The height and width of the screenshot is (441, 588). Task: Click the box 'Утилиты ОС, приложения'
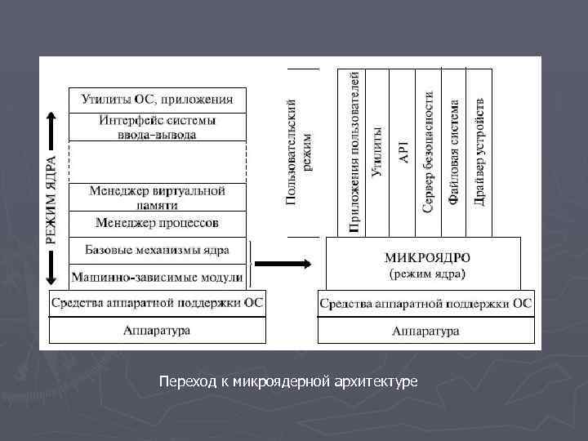[x=157, y=100]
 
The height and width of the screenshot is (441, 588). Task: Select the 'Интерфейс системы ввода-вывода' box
[x=157, y=127]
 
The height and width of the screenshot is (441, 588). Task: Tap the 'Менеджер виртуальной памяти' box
[x=157, y=197]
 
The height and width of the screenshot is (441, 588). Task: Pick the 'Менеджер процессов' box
[x=157, y=222]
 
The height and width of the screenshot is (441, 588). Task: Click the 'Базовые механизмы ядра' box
[x=157, y=250]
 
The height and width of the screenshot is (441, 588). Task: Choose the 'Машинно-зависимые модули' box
[x=157, y=277]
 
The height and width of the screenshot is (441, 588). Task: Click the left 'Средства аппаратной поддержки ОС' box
[x=158, y=303]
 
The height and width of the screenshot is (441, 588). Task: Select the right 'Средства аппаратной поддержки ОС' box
[x=425, y=304]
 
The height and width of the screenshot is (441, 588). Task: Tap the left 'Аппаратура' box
[x=158, y=330]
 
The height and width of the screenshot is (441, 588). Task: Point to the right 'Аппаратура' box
[x=425, y=331]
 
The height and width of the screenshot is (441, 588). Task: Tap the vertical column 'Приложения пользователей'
[x=353, y=152]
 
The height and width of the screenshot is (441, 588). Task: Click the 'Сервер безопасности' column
[x=429, y=152]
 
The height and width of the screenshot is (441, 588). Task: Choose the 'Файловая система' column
[x=454, y=152]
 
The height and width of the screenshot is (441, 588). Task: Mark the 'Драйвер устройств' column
[x=479, y=152]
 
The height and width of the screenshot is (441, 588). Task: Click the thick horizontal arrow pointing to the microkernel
[x=282, y=264]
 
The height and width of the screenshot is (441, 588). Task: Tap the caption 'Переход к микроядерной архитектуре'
[x=288, y=381]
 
